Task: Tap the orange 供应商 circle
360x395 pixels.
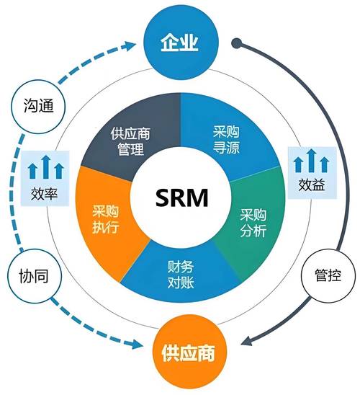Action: point(179,354)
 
